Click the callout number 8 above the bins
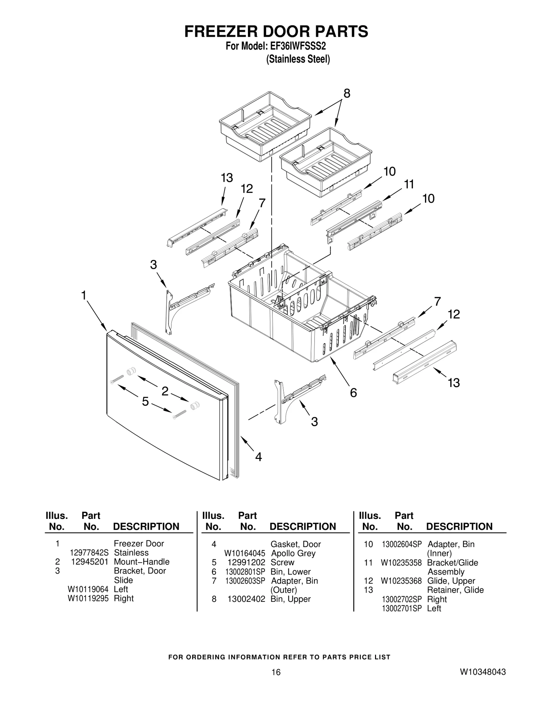[346, 93]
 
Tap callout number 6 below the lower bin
[353, 392]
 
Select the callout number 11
[408, 185]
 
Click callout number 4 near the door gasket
[258, 457]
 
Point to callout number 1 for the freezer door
[84, 295]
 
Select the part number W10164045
[245, 553]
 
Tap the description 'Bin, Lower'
[290, 572]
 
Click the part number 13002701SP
[402, 608]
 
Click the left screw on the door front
[117, 379]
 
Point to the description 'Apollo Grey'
[293, 553]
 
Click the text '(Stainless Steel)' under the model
[298, 59]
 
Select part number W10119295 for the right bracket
[88, 598]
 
